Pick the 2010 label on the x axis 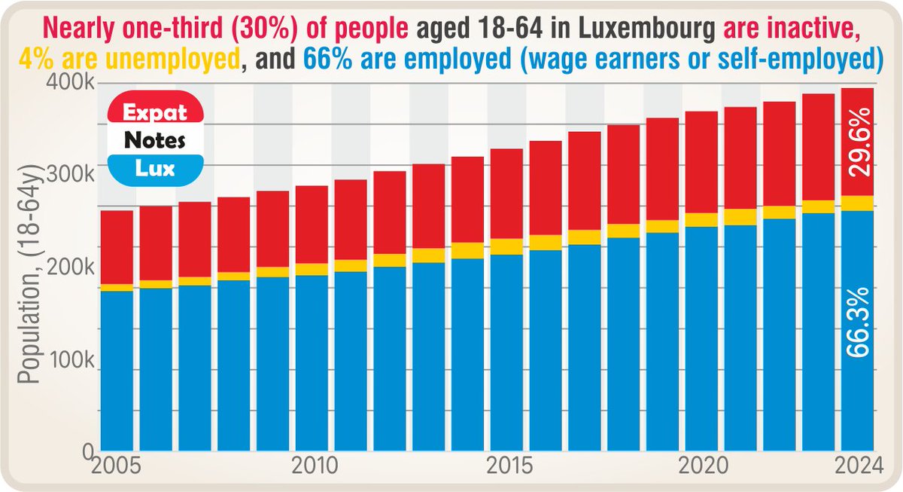click(311, 465)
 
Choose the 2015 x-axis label click(506, 465)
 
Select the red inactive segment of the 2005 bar click(117, 247)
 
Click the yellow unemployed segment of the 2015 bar click(506, 246)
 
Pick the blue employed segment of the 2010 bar click(311, 362)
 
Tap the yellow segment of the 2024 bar click(857, 203)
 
